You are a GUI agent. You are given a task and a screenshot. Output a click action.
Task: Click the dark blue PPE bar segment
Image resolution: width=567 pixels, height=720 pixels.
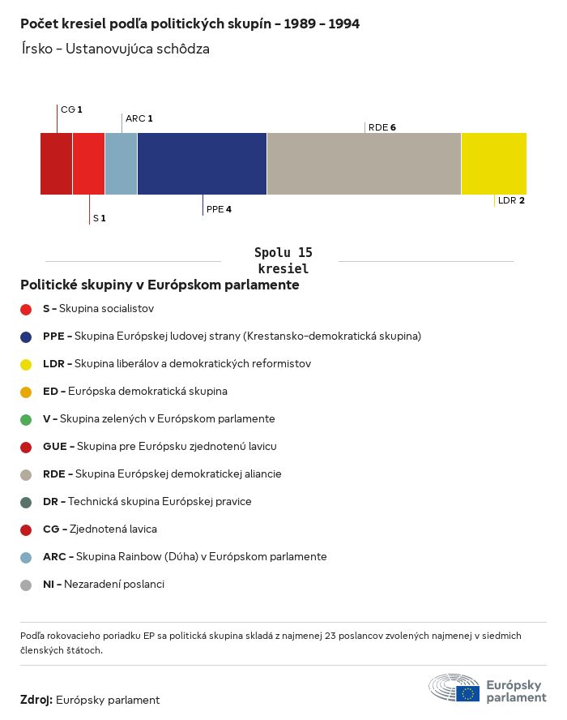click(202, 164)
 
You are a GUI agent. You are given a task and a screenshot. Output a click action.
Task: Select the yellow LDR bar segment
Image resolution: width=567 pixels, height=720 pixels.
click(493, 164)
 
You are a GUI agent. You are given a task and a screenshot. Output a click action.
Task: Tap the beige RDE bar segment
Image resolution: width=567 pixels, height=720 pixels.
click(364, 164)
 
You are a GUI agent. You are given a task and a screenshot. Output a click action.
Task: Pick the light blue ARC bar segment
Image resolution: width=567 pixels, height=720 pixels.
click(121, 164)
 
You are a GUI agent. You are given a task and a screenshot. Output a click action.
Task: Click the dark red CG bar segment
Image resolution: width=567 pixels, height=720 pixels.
click(56, 164)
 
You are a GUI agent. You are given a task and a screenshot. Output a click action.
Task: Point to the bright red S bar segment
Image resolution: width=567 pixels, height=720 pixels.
click(88, 164)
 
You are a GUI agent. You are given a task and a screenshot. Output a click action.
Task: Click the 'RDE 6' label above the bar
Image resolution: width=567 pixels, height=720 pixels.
click(382, 127)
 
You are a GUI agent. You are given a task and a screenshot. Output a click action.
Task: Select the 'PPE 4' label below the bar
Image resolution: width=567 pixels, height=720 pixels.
click(219, 209)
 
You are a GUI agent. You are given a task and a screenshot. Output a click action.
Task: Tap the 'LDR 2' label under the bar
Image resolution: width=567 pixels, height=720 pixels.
click(511, 200)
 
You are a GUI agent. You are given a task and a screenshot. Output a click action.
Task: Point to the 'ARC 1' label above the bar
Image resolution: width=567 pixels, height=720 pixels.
click(139, 118)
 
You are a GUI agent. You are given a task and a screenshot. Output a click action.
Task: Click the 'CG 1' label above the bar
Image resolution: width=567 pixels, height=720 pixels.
click(71, 109)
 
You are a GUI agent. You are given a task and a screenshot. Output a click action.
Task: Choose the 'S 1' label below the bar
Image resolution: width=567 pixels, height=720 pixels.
click(99, 218)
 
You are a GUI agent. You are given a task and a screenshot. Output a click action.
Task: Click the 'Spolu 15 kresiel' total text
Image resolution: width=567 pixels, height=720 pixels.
click(283, 260)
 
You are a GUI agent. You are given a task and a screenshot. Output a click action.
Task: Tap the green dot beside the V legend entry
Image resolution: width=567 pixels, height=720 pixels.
click(26, 419)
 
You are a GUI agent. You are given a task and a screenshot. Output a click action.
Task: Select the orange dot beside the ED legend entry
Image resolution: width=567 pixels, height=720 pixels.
click(26, 392)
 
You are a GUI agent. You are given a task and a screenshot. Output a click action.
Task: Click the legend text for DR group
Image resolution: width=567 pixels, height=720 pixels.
click(147, 502)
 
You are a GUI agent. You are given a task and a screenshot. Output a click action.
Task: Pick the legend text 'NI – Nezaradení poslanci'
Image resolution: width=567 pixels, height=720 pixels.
click(103, 585)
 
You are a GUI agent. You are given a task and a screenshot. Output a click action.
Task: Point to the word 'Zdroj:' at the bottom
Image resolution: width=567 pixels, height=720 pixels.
click(36, 700)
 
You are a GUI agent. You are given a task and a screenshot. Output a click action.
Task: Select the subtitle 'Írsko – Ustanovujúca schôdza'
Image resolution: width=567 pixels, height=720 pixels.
click(115, 49)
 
